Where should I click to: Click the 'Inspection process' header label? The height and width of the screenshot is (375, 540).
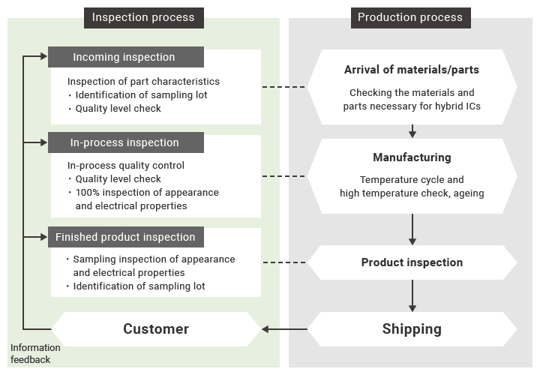tap(143, 17)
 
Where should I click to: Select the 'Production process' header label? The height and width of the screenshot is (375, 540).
tap(410, 17)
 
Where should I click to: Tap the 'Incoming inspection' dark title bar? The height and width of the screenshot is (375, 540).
tap(125, 57)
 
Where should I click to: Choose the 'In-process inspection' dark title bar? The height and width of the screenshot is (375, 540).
tap(125, 142)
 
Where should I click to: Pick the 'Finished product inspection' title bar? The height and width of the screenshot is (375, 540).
tap(125, 237)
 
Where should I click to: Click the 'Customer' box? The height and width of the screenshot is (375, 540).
tap(156, 328)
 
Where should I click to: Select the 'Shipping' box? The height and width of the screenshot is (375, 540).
tap(412, 328)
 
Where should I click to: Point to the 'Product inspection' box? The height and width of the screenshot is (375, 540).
tap(412, 262)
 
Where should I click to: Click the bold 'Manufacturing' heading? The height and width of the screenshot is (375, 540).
tap(412, 157)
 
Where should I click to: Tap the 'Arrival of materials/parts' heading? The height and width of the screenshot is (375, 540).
tap(412, 70)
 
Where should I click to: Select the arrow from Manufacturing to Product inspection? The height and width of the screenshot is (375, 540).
tap(412, 229)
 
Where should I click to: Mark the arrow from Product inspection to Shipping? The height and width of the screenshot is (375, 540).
tap(412, 296)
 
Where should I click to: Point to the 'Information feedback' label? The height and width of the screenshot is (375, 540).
tap(35, 354)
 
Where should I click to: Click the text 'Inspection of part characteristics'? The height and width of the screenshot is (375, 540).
tap(143, 82)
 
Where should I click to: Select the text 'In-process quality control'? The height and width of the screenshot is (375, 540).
tap(125, 166)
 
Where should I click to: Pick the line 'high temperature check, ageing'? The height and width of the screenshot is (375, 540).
tap(412, 193)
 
